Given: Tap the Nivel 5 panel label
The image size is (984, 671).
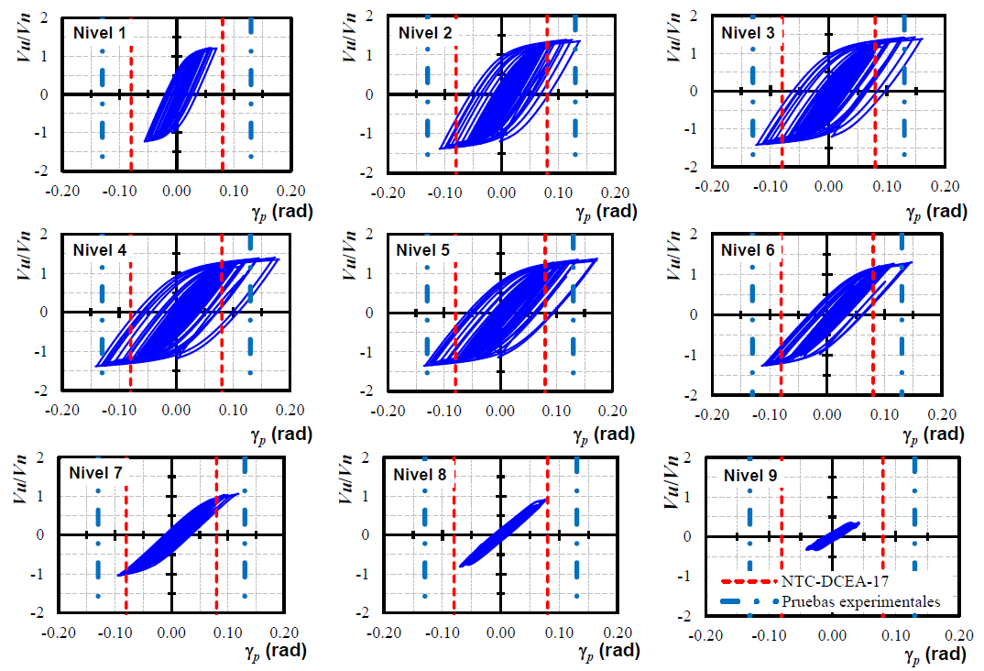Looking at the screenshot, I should coord(425,249).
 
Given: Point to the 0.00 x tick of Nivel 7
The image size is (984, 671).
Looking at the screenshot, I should coord(171,632).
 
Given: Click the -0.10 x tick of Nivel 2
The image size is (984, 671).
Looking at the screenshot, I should coord(444,192).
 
